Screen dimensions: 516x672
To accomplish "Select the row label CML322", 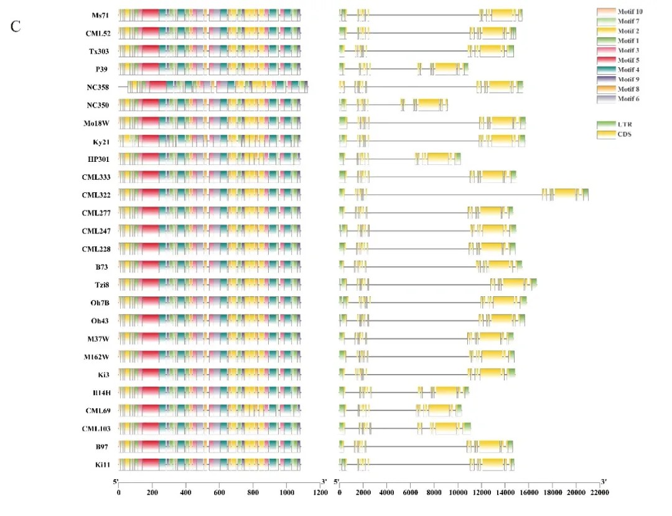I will pos(96,195).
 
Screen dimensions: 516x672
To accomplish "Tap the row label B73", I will pos(102,267).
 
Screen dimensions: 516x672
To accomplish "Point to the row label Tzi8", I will pos(101,285).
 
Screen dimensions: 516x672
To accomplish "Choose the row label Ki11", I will pos(101,465).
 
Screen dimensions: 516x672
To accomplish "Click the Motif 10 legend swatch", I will pos(606,12).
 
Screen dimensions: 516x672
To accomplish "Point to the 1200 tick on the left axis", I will pos(320,492).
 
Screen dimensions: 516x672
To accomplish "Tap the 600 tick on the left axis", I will pos(220,492).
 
